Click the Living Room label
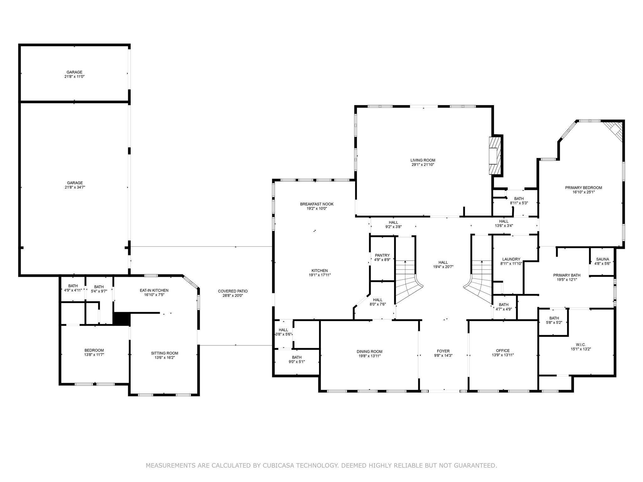point(423,160)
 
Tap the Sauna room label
point(602,259)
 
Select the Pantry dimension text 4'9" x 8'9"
point(382,260)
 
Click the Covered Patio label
point(233,291)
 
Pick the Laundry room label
point(511,259)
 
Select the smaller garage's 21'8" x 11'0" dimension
point(74,76)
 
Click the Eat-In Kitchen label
point(154,290)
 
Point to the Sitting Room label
point(165,353)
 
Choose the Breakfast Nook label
point(316,204)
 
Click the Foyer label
point(443,351)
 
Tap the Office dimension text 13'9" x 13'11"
point(503,355)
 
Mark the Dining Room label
point(369,351)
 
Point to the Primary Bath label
point(567,275)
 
